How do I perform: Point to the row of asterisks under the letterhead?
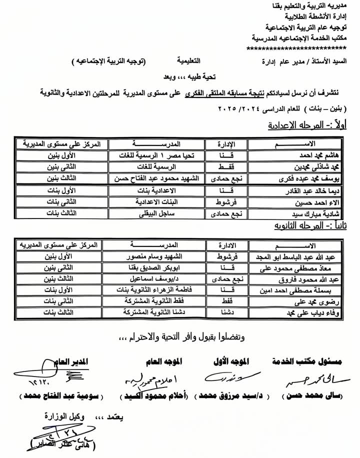click(x=296, y=48)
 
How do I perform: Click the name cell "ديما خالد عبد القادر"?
click(x=304, y=191)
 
